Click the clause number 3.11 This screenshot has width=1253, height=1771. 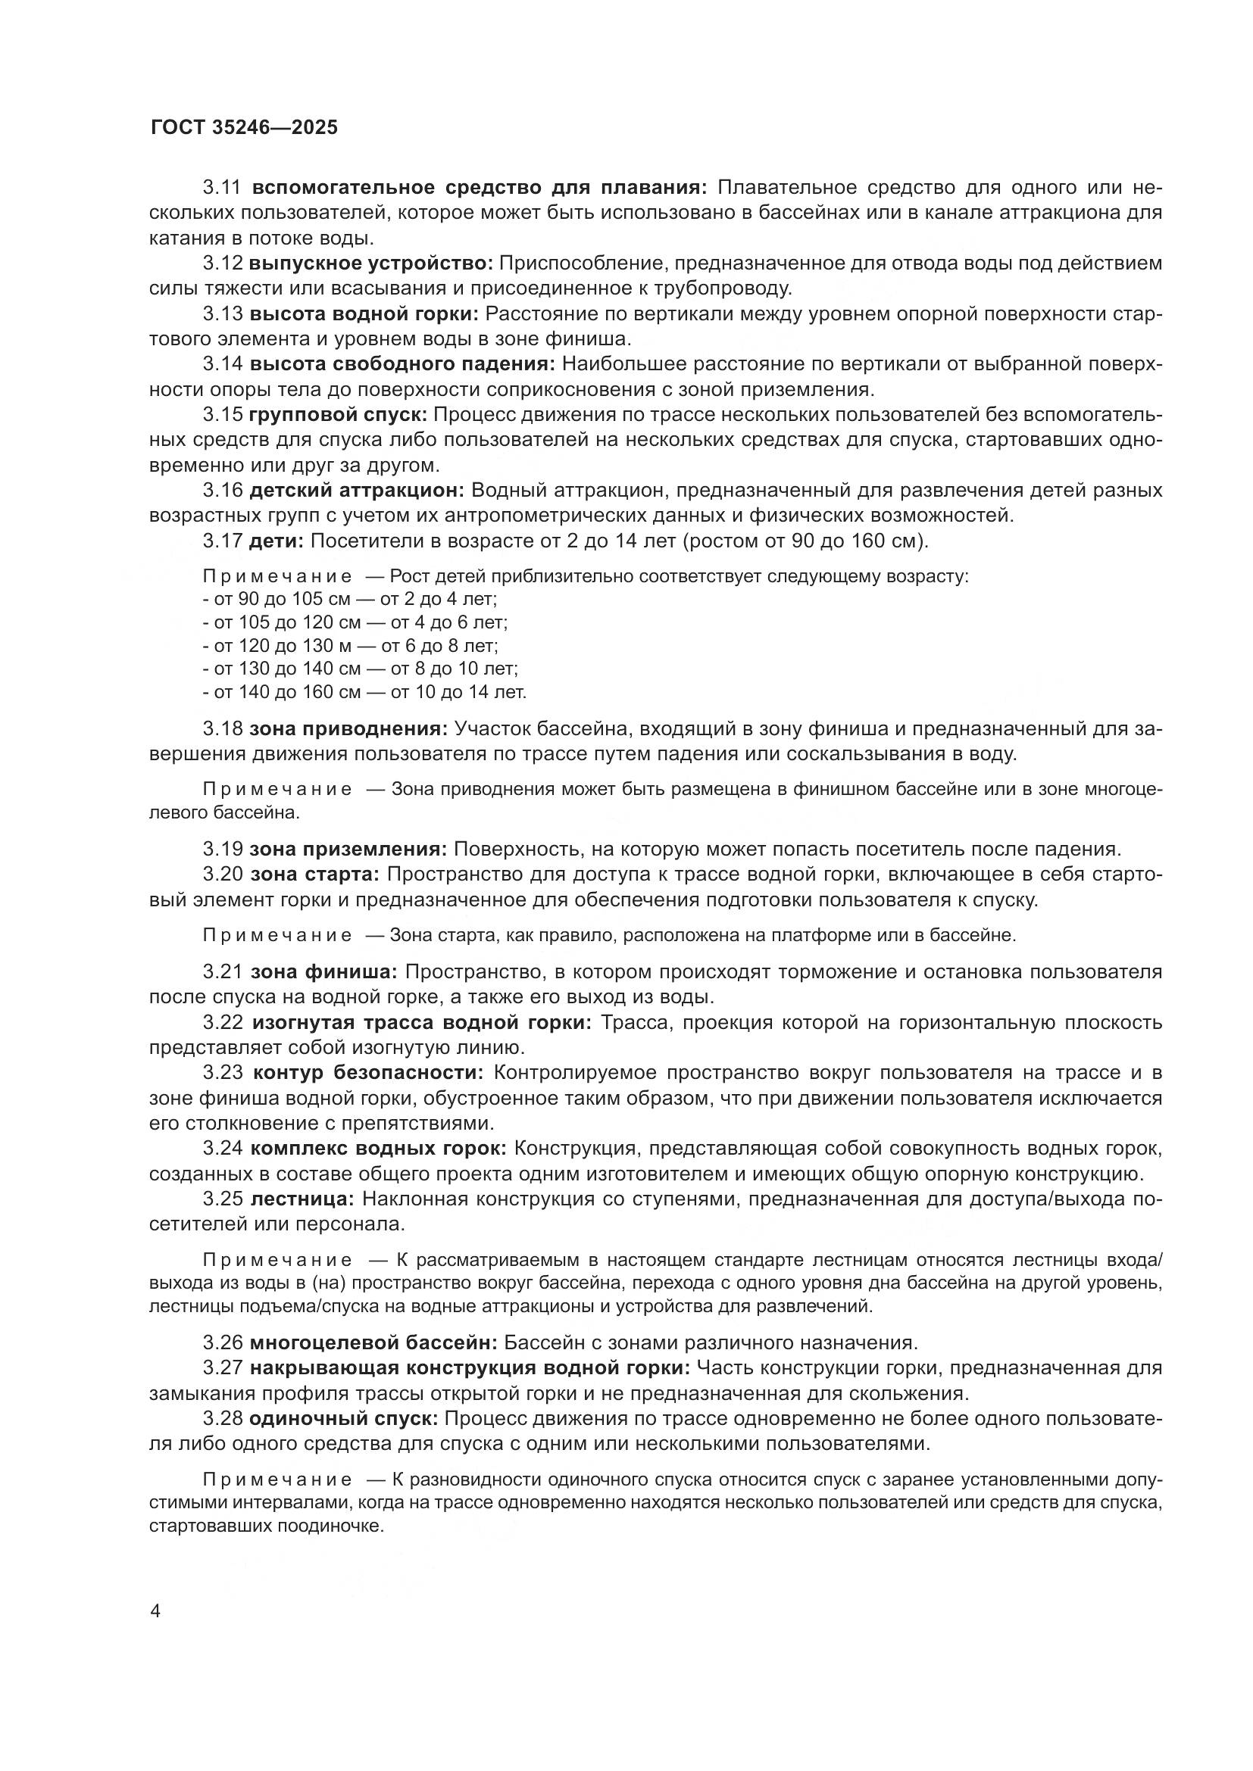223,188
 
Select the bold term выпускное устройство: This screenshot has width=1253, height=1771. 370,263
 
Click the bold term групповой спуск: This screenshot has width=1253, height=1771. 338,414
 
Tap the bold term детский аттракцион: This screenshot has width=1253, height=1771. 357,490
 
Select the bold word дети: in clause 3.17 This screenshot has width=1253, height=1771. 277,541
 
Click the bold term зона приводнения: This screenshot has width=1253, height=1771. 348,728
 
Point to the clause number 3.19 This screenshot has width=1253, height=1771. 223,850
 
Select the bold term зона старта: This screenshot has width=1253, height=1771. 315,874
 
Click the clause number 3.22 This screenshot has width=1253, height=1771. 223,1023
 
